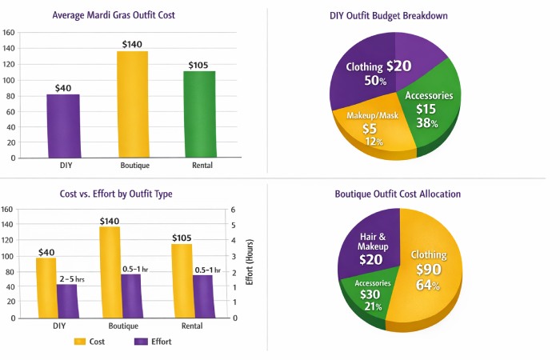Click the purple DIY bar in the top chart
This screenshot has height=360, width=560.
[62, 126]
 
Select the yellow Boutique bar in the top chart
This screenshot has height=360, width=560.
[132, 104]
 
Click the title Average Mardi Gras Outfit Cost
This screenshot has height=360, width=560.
[125, 15]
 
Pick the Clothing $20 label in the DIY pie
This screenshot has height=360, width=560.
[378, 66]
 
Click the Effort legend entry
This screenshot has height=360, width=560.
[152, 342]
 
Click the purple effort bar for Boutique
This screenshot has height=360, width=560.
[131, 295]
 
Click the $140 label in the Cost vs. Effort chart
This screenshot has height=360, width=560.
[110, 220]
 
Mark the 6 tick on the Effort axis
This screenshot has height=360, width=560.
[233, 210]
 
